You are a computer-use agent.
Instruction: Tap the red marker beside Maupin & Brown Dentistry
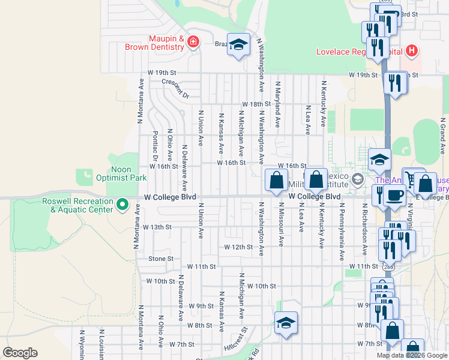[x=193, y=42]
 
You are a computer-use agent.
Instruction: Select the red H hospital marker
[x=411, y=50]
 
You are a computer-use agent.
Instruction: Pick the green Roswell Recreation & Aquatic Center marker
[x=123, y=205]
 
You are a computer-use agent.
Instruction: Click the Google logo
[x=20, y=353]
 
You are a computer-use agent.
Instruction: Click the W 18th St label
[x=256, y=104]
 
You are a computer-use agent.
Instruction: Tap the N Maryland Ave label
[x=278, y=104]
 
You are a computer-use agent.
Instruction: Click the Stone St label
[x=161, y=259]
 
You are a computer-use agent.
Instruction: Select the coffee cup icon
[x=395, y=195]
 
